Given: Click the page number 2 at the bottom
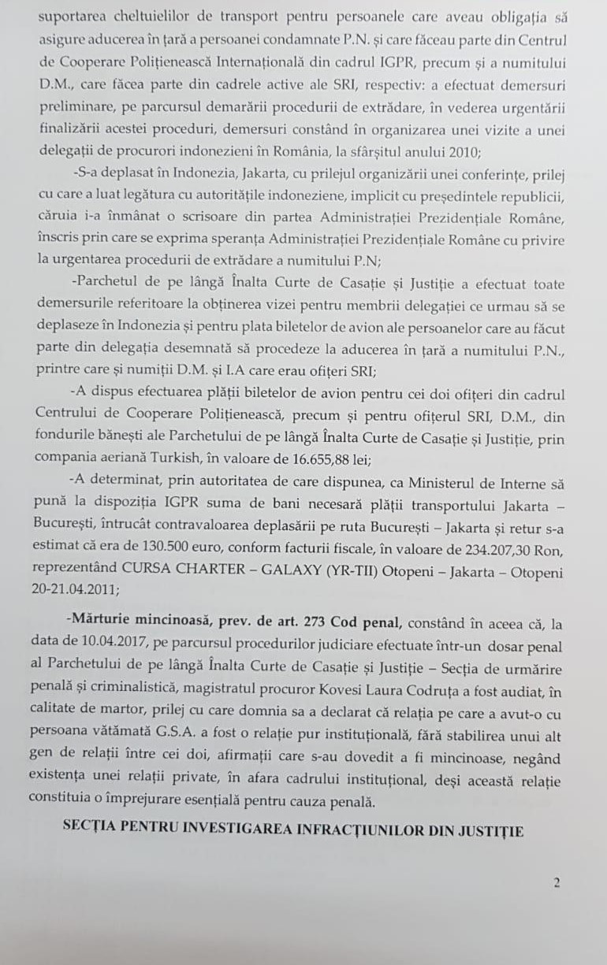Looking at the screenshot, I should coord(557,883).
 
